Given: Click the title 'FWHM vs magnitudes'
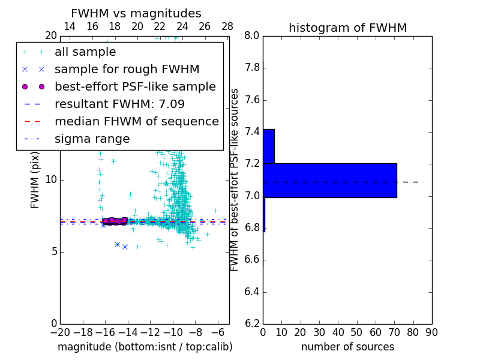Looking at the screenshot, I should click(x=136, y=13).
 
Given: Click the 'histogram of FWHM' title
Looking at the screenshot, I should click(x=347, y=28).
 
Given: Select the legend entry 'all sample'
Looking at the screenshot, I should click(x=85, y=52).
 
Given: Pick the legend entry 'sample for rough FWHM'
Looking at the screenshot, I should click(x=127, y=70).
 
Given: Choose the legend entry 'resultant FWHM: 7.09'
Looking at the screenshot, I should click(x=119, y=104).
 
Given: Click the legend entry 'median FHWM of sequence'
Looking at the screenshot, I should click(x=136, y=122).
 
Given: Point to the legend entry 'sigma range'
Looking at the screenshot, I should click(x=92, y=139).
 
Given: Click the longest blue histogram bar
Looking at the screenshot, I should click(x=329, y=180).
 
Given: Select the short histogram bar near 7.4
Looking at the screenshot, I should click(x=269, y=146).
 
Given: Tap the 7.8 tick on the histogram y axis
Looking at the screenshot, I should click(x=252, y=68).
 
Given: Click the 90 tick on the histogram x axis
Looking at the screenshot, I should click(x=431, y=332).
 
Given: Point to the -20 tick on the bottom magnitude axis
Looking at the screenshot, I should click(x=60, y=332).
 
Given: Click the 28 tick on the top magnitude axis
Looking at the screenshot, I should click(x=227, y=26).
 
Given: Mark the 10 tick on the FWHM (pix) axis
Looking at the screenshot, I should click(x=51, y=179).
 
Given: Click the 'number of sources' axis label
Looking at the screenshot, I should click(x=347, y=347).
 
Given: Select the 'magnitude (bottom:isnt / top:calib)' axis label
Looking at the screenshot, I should click(x=145, y=347).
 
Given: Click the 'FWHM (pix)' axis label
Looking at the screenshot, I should click(x=35, y=180).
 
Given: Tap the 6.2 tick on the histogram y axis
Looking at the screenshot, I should click(x=252, y=324).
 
